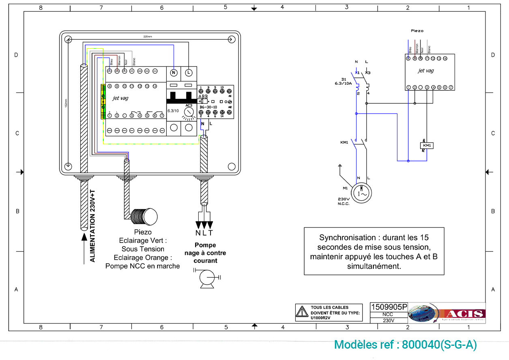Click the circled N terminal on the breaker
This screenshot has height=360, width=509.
click(x=174, y=73)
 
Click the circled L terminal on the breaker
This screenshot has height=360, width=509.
click(x=189, y=73)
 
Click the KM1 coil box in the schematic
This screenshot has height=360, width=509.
click(x=427, y=145)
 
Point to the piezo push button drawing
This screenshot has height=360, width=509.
click(x=144, y=216)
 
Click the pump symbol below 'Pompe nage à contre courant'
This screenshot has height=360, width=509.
click(x=207, y=278)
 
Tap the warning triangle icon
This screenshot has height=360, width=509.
click(x=301, y=312)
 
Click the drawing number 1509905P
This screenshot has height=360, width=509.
click(x=389, y=307)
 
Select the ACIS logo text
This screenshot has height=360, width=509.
click(x=464, y=314)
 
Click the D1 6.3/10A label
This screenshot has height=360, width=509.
click(x=344, y=81)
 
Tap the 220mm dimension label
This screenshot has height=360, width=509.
click(x=148, y=37)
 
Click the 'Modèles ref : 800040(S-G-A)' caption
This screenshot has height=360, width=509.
click(x=405, y=345)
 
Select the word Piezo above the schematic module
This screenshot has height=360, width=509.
click(x=417, y=31)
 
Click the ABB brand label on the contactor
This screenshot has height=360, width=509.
click(x=203, y=96)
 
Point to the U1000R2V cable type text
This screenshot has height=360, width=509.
click(x=321, y=318)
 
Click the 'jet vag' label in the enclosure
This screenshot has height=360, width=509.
click(x=120, y=98)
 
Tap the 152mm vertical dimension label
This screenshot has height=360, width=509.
click(x=66, y=103)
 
